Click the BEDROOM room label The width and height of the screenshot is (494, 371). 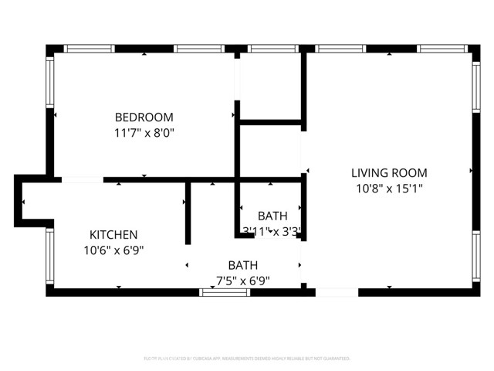coord(144,117)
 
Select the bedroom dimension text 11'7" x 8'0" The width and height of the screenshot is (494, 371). coord(144,132)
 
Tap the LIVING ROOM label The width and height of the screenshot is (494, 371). coord(389,173)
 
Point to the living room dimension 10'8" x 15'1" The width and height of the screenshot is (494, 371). coord(389,188)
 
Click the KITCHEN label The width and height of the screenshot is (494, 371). coord(113,235)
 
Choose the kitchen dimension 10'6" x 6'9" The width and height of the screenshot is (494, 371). coord(113,250)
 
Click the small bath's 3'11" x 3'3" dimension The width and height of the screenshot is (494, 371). coord(270,230)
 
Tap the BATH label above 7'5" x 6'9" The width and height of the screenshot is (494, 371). coord(242,265)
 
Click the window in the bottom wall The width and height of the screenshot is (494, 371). coord(219,292)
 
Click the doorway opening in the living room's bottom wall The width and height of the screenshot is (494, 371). coord(337,292)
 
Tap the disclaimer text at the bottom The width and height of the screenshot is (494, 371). coord(247,359)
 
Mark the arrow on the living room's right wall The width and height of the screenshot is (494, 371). coord(471,169)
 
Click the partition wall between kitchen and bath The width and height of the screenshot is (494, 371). coord(188,213)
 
